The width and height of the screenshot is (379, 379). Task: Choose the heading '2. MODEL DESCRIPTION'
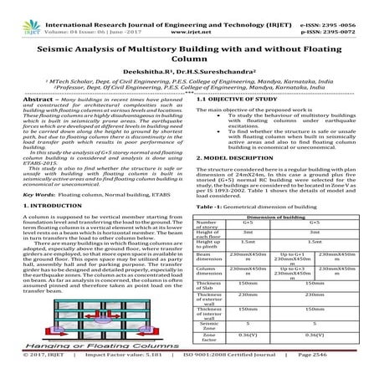(x=229, y=159)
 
